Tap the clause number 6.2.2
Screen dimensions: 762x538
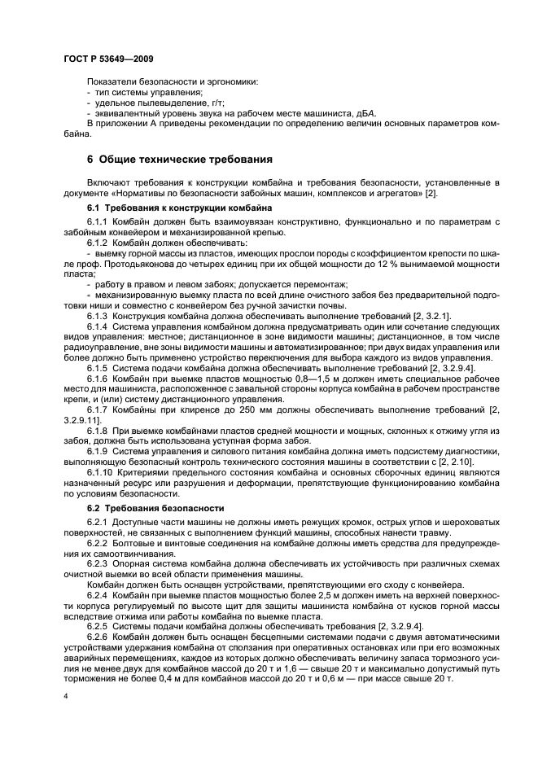coord(98,541)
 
